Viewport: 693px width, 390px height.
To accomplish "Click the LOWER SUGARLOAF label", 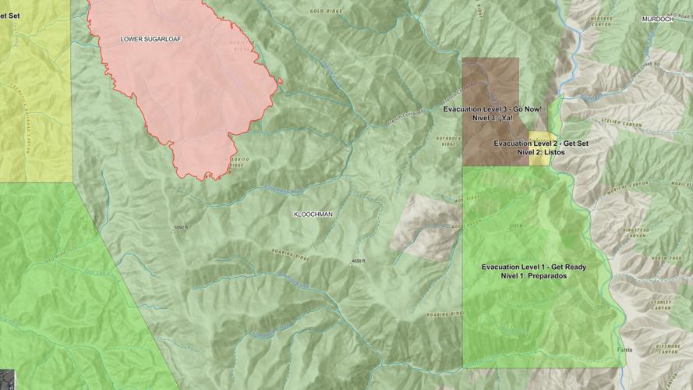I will point(150,38).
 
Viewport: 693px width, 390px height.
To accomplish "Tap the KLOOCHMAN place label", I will point(313,214).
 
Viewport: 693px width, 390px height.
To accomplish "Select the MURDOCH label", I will point(657,19).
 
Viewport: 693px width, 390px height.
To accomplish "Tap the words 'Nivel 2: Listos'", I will point(540,153).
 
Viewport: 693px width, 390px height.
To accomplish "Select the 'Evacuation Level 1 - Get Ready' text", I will point(534,267).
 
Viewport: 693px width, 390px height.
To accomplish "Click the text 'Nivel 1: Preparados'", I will point(534,276).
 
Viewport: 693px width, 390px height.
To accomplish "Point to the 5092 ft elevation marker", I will point(181,228).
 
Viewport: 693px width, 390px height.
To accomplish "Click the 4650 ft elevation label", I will point(357,261).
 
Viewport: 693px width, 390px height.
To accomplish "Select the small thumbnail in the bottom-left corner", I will point(6,378).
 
